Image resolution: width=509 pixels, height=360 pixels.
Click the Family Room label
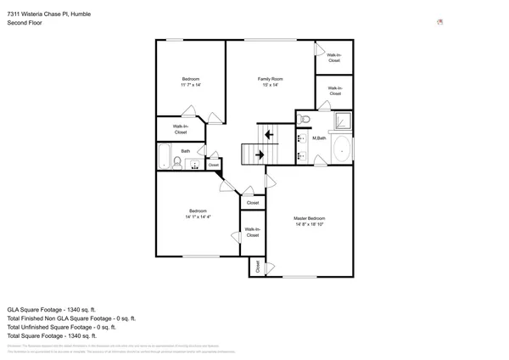click(x=271, y=78)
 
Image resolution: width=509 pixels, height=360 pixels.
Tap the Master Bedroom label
click(x=310, y=218)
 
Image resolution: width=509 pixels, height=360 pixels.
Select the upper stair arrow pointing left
click(x=269, y=133)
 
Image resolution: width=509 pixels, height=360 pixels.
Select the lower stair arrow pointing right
click(x=260, y=155)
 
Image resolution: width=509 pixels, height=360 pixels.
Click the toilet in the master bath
click(x=304, y=119)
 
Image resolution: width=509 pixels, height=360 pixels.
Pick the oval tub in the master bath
click(x=341, y=149)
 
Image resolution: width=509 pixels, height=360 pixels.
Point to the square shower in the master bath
click(x=342, y=120)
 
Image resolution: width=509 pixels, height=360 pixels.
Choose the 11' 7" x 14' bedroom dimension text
click(x=190, y=85)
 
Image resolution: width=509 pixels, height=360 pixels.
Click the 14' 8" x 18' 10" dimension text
click(x=310, y=225)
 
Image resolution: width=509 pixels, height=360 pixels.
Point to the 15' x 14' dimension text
click(x=271, y=85)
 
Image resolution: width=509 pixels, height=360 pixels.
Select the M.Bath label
click(x=320, y=138)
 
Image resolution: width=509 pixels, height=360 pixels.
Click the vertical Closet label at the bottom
click(x=257, y=267)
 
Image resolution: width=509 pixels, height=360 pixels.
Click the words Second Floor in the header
click(x=25, y=23)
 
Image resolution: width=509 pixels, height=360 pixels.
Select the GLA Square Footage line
click(x=52, y=309)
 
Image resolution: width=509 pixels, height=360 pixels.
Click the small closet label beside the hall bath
click(x=213, y=165)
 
